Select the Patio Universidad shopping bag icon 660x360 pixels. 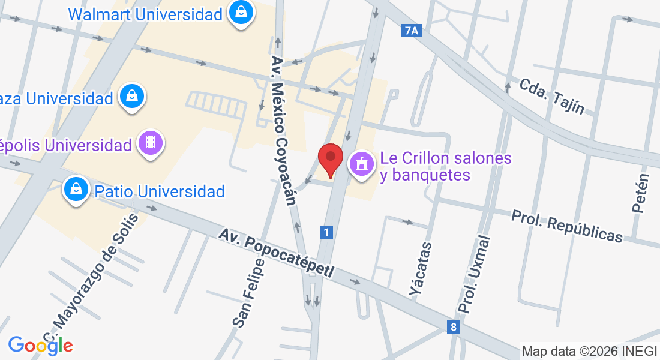click(77, 190)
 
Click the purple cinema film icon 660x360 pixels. click(150, 143)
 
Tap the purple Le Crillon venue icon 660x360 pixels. click(361, 164)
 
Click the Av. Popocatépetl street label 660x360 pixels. click(276, 252)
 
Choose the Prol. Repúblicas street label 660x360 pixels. click(567, 226)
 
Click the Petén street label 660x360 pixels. click(641, 193)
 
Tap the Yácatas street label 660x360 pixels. click(421, 269)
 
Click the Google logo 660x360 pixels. click(40, 345)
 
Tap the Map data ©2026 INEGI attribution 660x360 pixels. click(590, 352)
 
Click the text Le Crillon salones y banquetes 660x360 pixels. click(445, 166)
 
